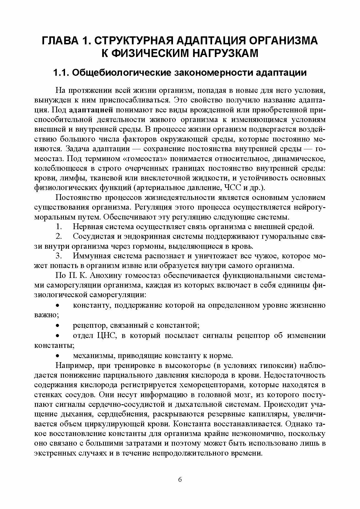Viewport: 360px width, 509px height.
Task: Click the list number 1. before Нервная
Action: [x=58, y=227]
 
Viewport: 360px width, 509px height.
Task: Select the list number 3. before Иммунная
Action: [x=58, y=256]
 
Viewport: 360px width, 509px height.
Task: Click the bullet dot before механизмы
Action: [x=58, y=356]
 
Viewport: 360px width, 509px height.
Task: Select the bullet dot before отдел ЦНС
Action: [x=58, y=336]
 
